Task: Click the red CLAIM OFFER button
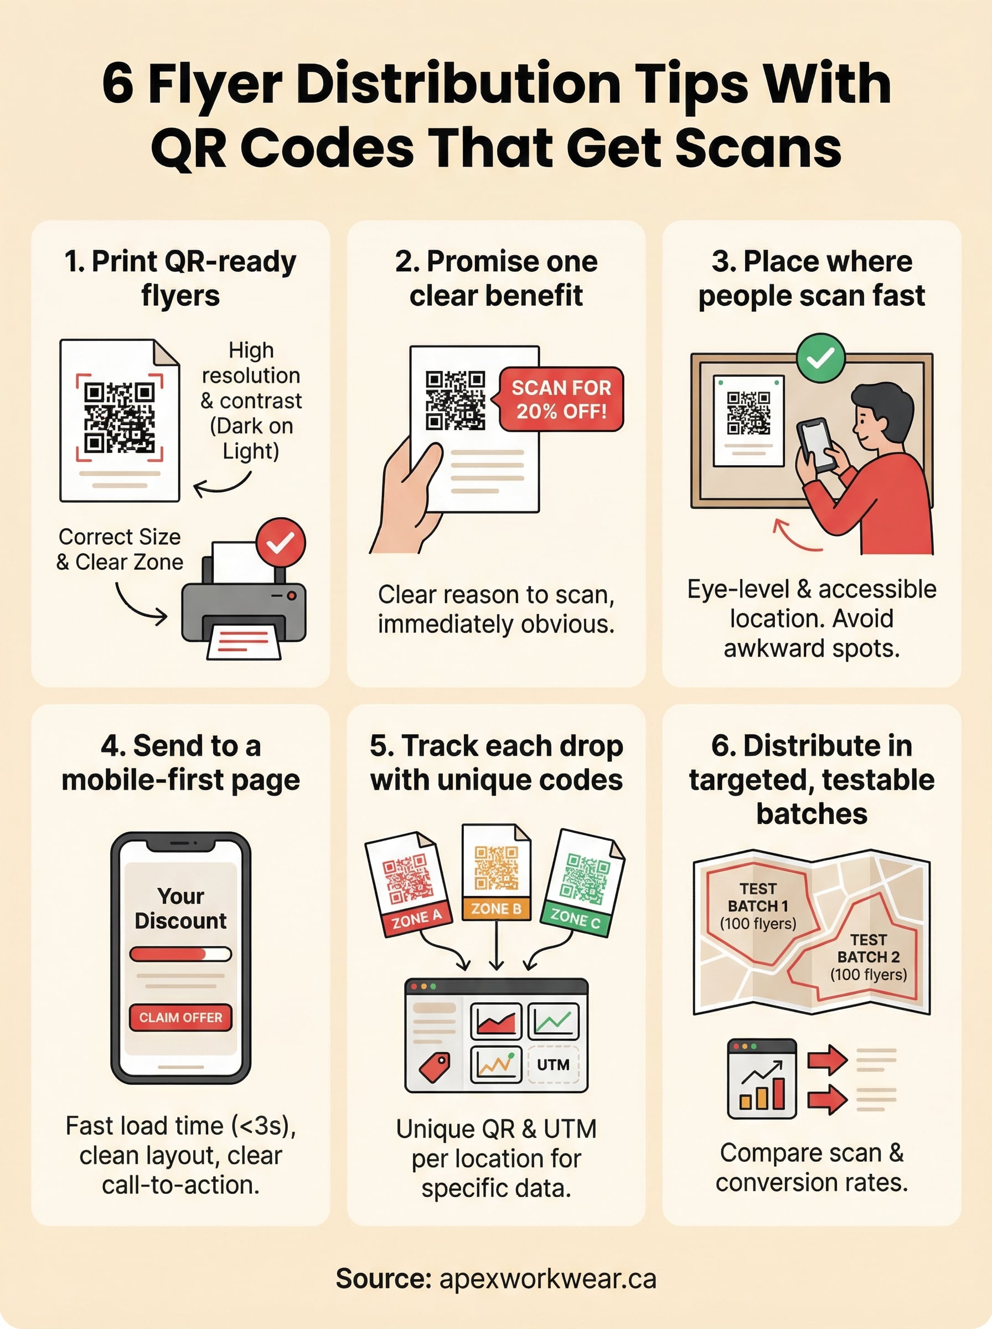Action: pyautogui.click(x=180, y=1017)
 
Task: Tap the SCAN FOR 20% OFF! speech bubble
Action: pyautogui.click(x=561, y=399)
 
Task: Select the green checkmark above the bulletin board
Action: pyautogui.click(x=820, y=358)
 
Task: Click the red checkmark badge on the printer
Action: pyautogui.click(x=281, y=543)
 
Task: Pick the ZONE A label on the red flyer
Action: pyautogui.click(x=416, y=918)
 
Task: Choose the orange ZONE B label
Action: pyautogui.click(x=496, y=909)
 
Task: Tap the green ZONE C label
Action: pyautogui.click(x=575, y=918)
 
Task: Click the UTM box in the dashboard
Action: pyautogui.click(x=553, y=1065)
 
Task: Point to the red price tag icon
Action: pyautogui.click(x=435, y=1068)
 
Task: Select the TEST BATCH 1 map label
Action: pyautogui.click(x=758, y=905)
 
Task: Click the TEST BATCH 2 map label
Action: pyautogui.click(x=869, y=957)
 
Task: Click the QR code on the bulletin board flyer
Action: pyautogui.click(x=748, y=413)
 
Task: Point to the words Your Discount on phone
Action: pyautogui.click(x=180, y=908)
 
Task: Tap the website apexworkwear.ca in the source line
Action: pyautogui.click(x=547, y=1279)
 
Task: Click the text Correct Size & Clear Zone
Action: pyautogui.click(x=120, y=549)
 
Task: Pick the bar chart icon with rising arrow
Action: pyautogui.click(x=761, y=1079)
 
